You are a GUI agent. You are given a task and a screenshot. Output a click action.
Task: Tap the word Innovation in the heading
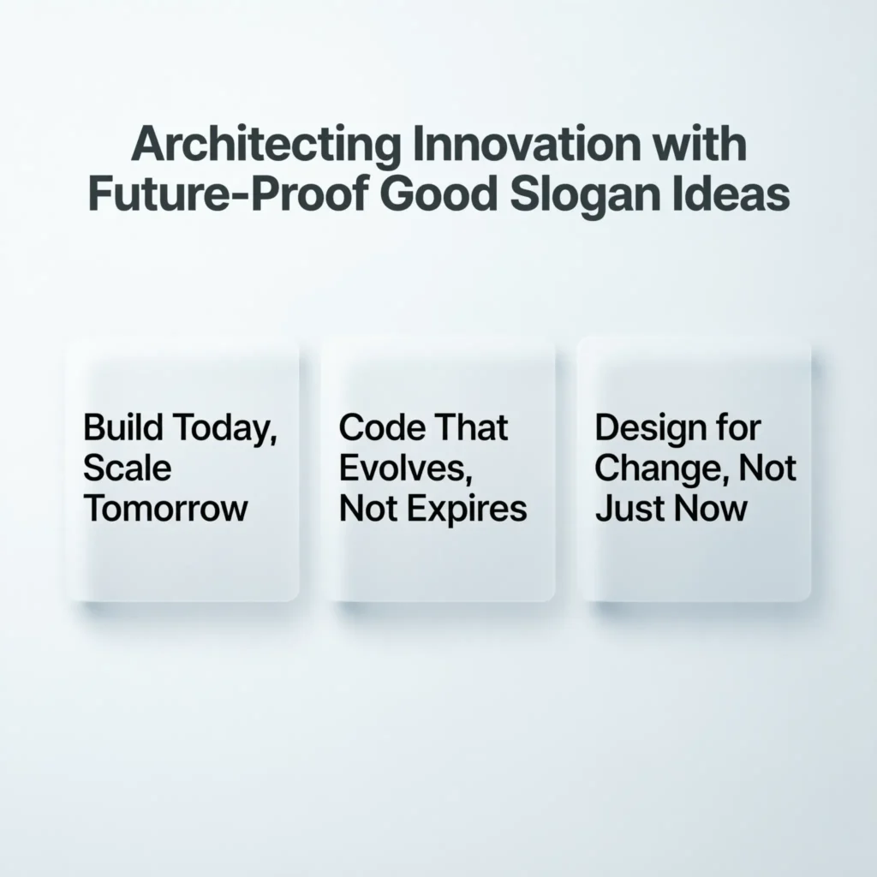pos(525,144)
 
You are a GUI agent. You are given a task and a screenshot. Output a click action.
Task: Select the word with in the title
pos(699,144)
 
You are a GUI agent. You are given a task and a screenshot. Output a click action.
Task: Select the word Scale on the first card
pos(127,468)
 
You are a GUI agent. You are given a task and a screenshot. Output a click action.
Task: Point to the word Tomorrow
pos(165,509)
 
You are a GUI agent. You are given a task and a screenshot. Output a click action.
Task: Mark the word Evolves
pos(406,469)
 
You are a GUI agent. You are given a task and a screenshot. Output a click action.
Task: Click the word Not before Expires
pos(368,509)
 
